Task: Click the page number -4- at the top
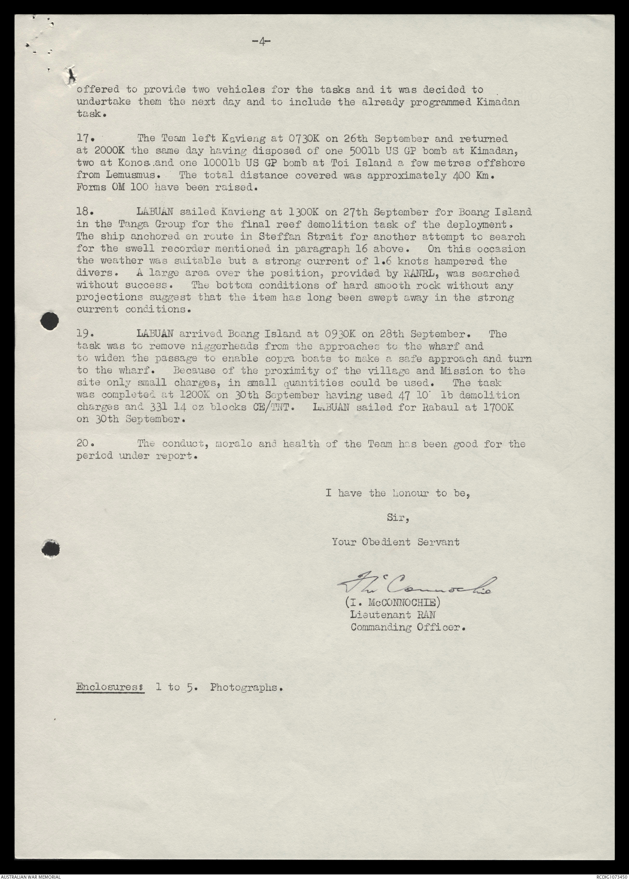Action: pyautogui.click(x=261, y=41)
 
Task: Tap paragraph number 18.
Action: pyautogui.click(x=85, y=212)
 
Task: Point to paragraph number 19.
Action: pyautogui.click(x=85, y=334)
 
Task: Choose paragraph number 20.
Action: pyautogui.click(x=85, y=444)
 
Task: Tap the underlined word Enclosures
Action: pyautogui.click(x=109, y=688)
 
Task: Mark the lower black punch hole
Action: pyautogui.click(x=51, y=549)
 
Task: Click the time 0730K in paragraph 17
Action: pyautogui.click(x=304, y=139)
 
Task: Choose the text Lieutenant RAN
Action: pyautogui.click(x=393, y=615)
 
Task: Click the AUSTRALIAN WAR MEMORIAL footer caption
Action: pyautogui.click(x=30, y=876)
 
